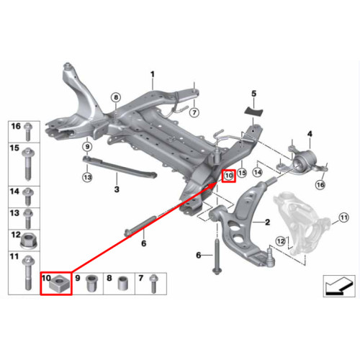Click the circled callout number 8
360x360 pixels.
116,97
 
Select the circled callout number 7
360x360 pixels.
194,112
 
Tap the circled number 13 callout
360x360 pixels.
87,177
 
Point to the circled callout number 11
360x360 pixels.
343,217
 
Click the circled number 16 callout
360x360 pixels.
320,185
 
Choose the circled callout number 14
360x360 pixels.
258,172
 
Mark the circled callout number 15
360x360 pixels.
242,173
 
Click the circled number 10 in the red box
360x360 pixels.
229,176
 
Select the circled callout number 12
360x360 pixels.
281,240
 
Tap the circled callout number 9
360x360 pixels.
87,146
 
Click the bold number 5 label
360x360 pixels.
254,94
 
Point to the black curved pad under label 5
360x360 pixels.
253,111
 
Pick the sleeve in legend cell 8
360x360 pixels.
123,284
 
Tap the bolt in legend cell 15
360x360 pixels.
28,164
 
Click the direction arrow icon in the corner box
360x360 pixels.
339,286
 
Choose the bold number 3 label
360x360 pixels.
117,189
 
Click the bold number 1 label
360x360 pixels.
153,74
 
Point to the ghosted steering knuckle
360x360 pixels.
301,222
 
